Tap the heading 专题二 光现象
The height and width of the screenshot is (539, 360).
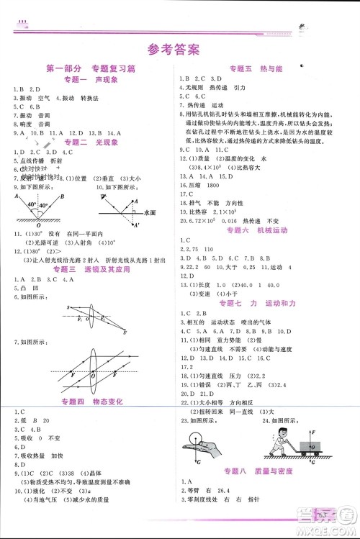86,142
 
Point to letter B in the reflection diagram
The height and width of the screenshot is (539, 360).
63,196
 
